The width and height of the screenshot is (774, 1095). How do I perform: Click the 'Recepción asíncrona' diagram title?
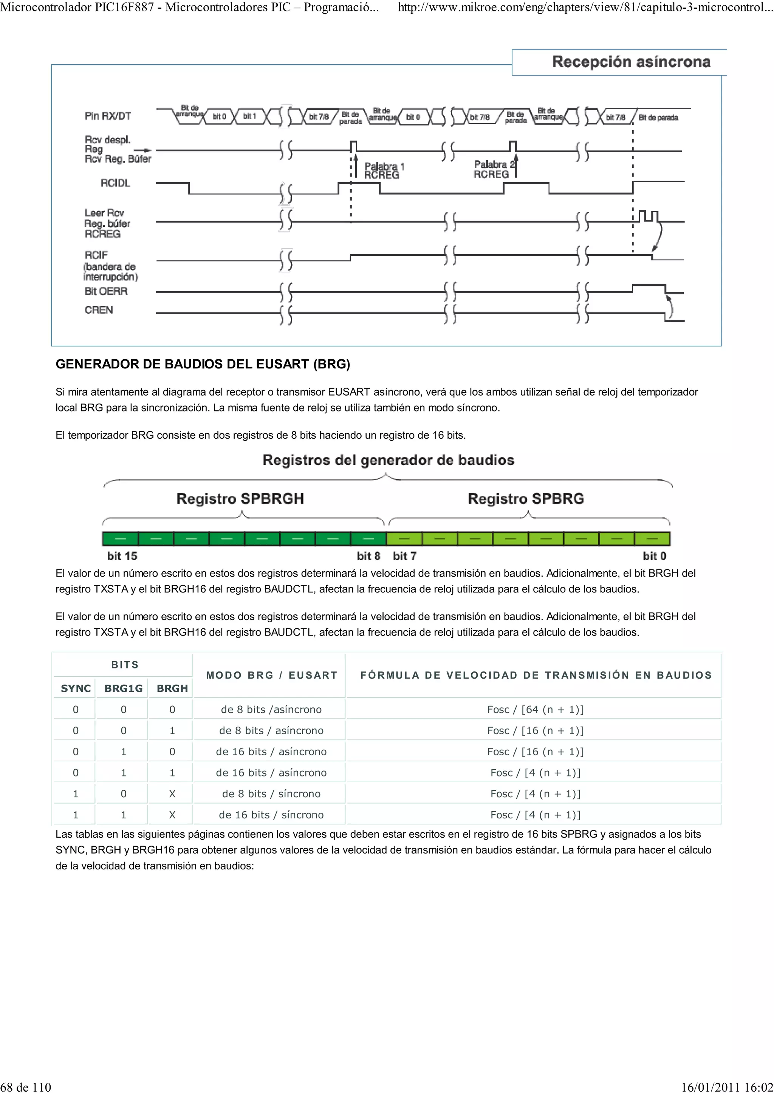[630, 62]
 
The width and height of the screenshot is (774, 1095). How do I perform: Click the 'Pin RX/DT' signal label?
[108, 116]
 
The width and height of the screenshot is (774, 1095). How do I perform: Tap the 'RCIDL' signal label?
[115, 183]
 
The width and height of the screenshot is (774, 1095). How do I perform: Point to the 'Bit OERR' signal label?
[106, 291]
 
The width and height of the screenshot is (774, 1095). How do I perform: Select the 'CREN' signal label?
[99, 310]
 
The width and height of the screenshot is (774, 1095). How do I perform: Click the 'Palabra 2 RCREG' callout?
[494, 169]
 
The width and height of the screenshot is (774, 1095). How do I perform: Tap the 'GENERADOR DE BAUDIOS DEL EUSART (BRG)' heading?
[203, 364]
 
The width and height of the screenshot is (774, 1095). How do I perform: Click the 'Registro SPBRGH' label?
[240, 498]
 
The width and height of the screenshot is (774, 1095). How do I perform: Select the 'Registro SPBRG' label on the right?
[526, 498]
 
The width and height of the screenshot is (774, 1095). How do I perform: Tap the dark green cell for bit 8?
[368, 538]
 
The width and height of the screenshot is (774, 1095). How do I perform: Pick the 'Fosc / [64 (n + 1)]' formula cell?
[535, 709]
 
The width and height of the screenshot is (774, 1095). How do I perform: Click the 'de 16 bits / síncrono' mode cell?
[271, 815]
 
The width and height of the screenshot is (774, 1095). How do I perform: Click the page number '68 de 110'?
[26, 1087]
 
